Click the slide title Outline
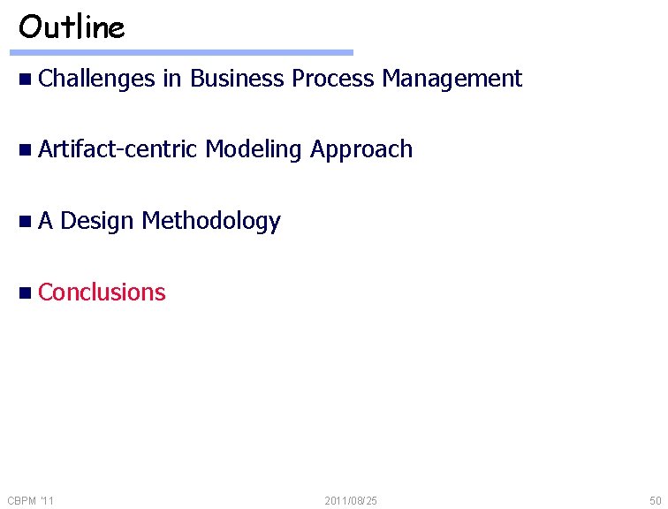(x=72, y=27)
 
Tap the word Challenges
(x=96, y=79)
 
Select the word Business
(x=237, y=79)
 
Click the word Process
(x=333, y=79)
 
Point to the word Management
(x=452, y=79)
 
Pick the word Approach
(x=361, y=150)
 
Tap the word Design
(x=97, y=221)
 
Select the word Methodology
(x=210, y=222)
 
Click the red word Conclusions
(x=102, y=292)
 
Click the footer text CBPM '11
(x=30, y=501)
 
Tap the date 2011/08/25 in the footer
(x=351, y=501)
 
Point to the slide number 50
(x=654, y=501)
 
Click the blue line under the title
(x=186, y=53)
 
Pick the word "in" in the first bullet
(x=171, y=79)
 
